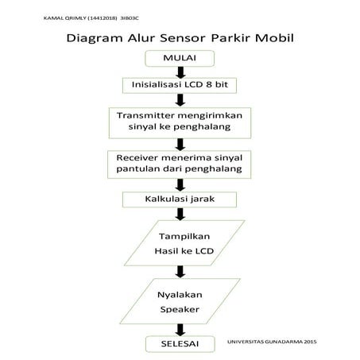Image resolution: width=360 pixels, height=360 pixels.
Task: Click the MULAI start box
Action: coord(180,59)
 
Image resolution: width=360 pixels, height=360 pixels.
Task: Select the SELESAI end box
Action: coord(180,343)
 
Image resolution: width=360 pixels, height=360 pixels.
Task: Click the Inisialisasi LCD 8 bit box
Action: coord(180,85)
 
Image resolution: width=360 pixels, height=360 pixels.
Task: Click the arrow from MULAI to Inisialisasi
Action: coord(180,72)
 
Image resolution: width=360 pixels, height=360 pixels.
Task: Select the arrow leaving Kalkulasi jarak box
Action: coord(180,213)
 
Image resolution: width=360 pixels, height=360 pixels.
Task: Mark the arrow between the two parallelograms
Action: coord(180,272)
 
